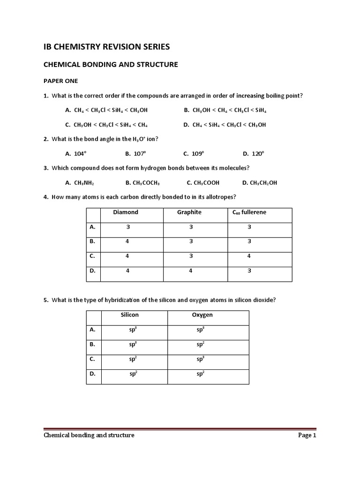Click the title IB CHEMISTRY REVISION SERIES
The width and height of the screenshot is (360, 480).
click(x=106, y=46)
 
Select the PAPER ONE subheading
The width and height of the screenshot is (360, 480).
click(x=61, y=81)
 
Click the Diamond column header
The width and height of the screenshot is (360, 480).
click(x=126, y=212)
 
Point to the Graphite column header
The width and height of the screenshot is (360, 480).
click(x=189, y=212)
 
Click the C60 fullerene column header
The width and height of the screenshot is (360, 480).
click(x=249, y=212)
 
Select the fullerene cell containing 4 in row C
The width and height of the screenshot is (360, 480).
click(x=249, y=256)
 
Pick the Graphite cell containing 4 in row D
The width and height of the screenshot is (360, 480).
click(x=191, y=271)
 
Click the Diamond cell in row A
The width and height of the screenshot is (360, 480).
click(x=128, y=227)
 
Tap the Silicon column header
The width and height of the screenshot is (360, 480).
click(x=130, y=315)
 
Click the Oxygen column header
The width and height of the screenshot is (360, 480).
click(x=202, y=315)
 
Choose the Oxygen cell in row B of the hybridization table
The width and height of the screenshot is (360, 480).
click(x=200, y=344)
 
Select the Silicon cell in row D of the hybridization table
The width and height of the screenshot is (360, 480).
click(x=133, y=374)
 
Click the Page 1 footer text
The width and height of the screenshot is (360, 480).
click(x=307, y=435)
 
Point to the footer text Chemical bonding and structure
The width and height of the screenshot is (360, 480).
click(x=89, y=435)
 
